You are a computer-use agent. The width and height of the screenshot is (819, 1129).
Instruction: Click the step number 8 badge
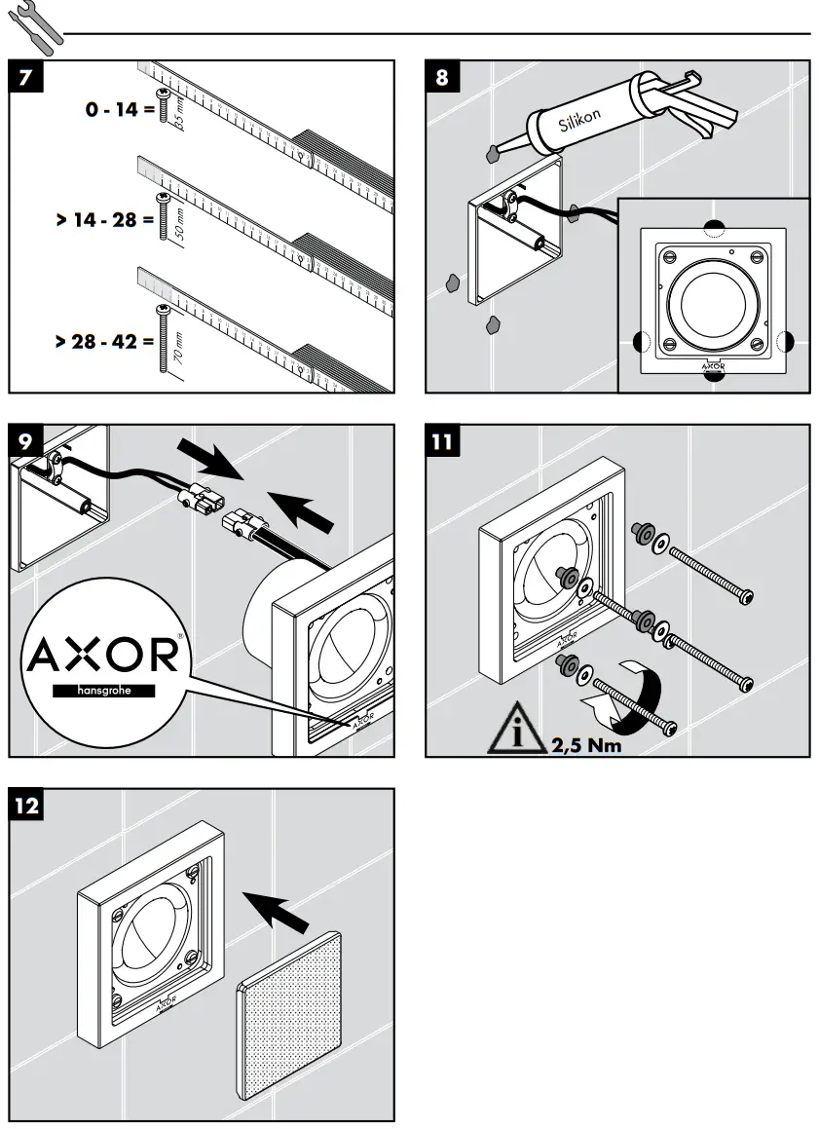tap(443, 78)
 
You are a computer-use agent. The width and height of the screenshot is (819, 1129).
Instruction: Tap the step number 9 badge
tap(27, 441)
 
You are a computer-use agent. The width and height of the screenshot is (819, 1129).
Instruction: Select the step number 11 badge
tap(443, 441)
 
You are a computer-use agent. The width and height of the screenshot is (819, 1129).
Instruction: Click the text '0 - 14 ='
tap(119, 110)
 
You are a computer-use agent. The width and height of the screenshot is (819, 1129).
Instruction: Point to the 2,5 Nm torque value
tap(586, 746)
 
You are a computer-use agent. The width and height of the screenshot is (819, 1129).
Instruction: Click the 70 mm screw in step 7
tap(163, 338)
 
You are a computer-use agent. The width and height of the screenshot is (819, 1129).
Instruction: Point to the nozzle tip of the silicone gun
tap(494, 152)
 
